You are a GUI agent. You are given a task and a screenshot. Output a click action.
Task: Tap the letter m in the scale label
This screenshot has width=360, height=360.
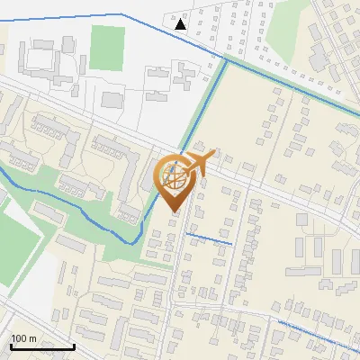pos(32,338)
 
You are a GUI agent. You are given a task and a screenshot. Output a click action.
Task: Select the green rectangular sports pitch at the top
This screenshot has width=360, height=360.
pos(107,48)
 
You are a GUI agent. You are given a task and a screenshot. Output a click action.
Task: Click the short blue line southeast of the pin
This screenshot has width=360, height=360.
pos(209,238)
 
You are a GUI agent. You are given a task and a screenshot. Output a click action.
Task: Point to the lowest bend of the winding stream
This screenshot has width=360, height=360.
pos(135,241)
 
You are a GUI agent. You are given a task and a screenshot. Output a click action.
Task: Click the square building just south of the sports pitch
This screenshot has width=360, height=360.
pos(112,99)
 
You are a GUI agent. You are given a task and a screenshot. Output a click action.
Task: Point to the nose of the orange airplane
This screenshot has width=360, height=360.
pos(214,155)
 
